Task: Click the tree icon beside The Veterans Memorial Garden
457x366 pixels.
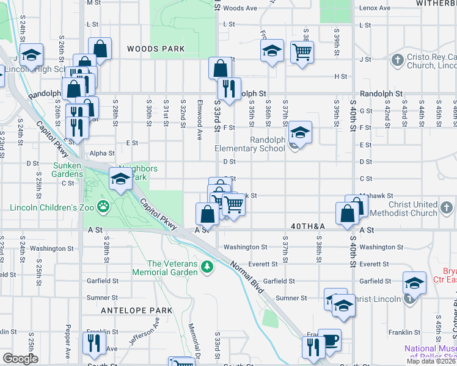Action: [208, 267]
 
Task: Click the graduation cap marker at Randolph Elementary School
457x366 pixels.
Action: [300, 131]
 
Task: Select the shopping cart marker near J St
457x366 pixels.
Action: [302, 51]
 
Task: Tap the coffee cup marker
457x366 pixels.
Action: [329, 340]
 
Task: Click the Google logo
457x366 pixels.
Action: [20, 359]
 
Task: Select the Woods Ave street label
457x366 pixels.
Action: [240, 9]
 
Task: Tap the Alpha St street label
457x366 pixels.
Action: [102, 153]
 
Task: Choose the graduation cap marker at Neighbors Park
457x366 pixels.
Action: [120, 179]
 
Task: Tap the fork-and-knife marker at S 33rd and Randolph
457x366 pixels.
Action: [229, 88]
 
